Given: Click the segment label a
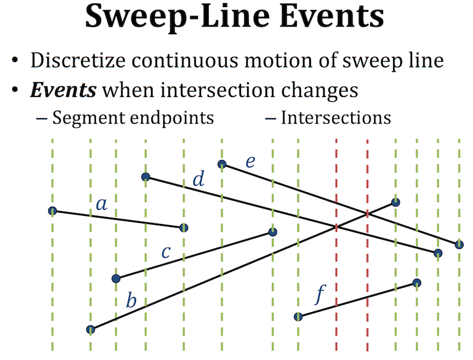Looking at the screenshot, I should point(102,205).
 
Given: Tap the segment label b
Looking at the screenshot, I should point(131,300).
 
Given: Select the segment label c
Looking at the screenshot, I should point(166,253).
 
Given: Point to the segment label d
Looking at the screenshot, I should point(199,179).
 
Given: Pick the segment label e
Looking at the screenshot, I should point(250,161).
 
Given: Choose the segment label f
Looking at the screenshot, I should point(320,294).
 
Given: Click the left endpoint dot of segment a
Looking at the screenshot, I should point(52,210).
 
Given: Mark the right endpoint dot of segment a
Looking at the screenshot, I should point(183,228).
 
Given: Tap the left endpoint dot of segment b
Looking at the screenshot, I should point(90,329).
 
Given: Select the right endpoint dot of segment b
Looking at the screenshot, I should point(396,202).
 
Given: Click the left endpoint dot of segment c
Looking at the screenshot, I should point(116,278).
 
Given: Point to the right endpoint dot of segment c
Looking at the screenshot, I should point(273,232).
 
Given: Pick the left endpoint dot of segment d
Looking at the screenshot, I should point(145,176).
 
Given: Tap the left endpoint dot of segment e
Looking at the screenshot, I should point(222,164).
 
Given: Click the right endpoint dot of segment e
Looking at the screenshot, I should point(459,244).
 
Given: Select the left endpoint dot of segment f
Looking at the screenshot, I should point(298,316).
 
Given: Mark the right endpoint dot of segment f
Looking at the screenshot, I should point(417,283).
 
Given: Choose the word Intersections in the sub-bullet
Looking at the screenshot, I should point(335,117).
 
